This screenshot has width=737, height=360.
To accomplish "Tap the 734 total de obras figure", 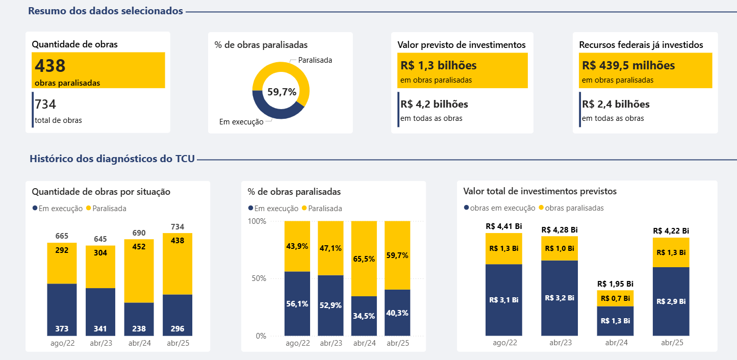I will coord(45,105).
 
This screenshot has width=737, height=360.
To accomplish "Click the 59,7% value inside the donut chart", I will coord(282,92).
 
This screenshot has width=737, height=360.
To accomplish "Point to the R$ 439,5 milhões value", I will coord(628,66).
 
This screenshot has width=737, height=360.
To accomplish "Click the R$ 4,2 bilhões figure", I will coord(435,105).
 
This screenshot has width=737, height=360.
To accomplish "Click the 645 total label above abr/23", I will coord(100,239).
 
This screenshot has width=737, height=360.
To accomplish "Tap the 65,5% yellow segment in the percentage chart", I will coord(364,259).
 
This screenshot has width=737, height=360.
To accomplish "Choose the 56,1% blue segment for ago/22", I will coord(297,304).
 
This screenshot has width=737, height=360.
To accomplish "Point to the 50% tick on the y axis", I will coord(258,278).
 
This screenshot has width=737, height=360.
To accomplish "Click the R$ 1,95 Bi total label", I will coord(615,284).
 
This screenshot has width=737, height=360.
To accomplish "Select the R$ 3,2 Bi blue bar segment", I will coord(560,298).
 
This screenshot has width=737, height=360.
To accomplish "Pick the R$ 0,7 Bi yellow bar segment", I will coord(615,298).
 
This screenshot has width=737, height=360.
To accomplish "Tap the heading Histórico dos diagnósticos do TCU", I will coord(112,159).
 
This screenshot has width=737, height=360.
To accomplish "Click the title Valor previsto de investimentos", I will coord(462,45).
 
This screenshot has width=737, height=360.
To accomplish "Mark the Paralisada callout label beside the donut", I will coord(315,60).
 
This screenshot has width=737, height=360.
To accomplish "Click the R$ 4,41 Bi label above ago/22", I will coord(503,226).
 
